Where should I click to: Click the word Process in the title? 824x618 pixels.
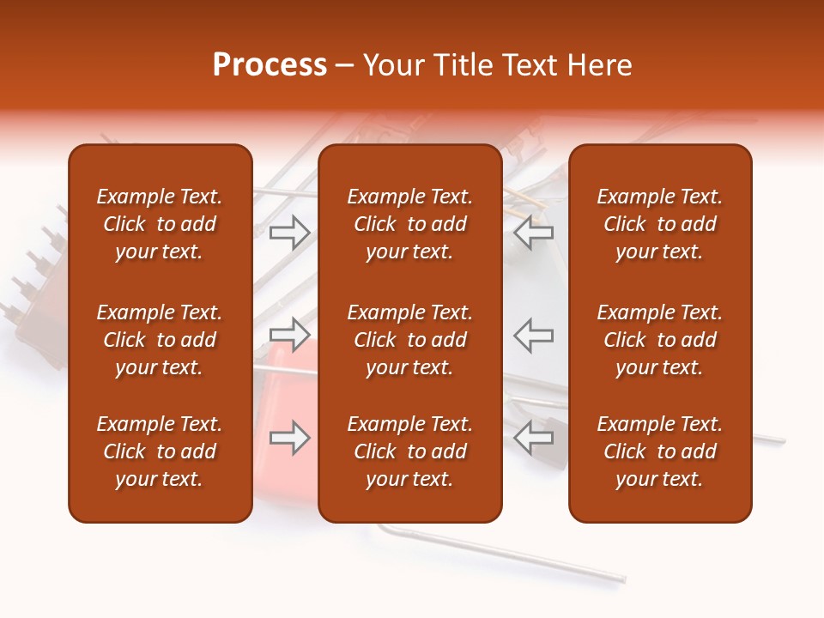[x=270, y=65]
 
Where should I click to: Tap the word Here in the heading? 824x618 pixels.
[x=599, y=65]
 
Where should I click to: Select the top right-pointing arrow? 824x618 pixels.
[x=289, y=232]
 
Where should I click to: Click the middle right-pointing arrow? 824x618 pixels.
[x=289, y=334]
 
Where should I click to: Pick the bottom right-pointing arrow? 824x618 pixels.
[x=289, y=438]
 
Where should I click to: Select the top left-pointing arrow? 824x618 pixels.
[x=534, y=232]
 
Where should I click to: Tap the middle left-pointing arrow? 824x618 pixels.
[x=534, y=334]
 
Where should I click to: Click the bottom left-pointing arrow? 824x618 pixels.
[x=534, y=438]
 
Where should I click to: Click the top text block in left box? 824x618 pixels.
[x=160, y=224]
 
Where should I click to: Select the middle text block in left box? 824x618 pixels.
[x=160, y=340]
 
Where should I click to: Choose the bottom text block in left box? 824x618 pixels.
[x=160, y=451]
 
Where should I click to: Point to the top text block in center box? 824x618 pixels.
[x=409, y=224]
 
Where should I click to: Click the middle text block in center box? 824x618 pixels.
[x=409, y=340]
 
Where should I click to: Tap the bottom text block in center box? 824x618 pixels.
[x=409, y=451]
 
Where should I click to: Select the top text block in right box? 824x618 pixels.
[x=659, y=224]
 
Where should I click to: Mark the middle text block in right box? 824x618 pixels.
[x=659, y=340]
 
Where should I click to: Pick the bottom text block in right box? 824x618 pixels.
[x=659, y=451]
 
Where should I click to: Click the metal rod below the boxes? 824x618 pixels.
[x=515, y=557]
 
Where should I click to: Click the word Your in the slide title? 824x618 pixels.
[x=393, y=65]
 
